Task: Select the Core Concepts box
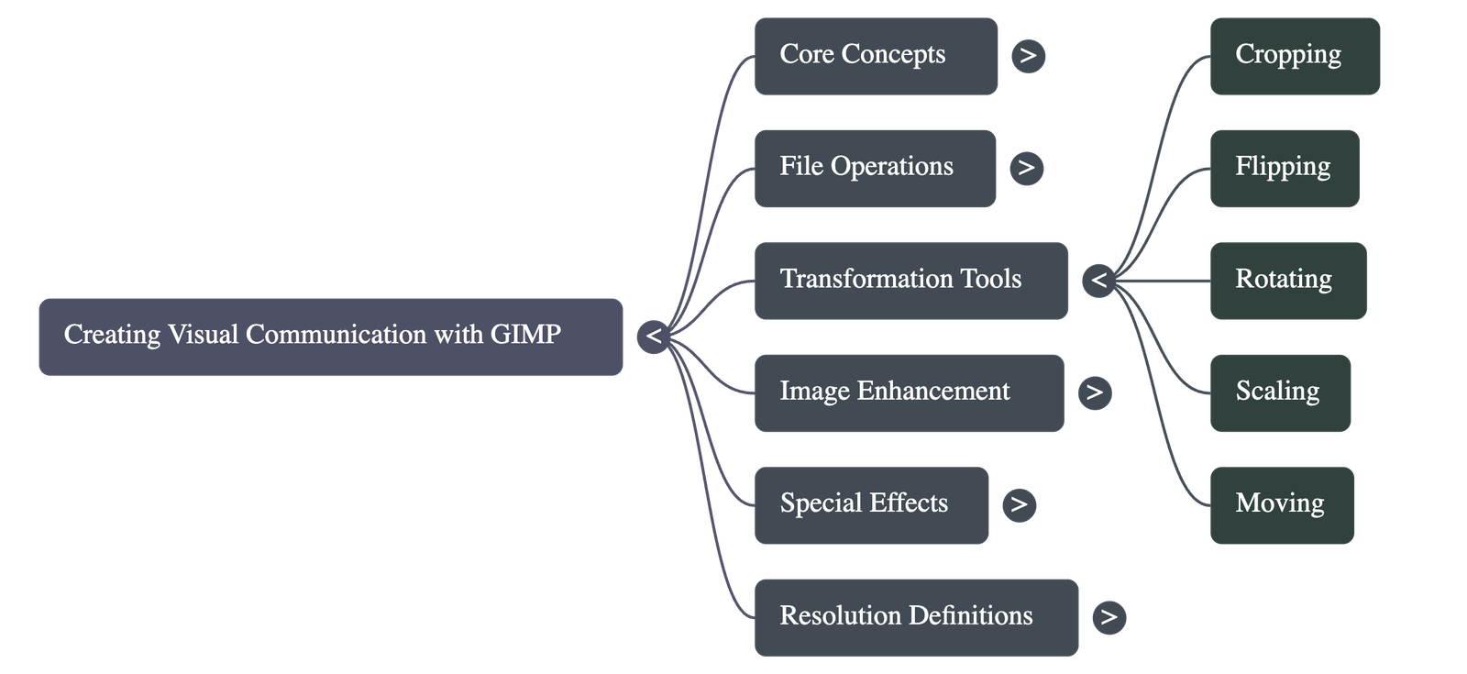pos(876,56)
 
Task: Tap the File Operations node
pos(875,168)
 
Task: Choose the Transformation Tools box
pos(910,281)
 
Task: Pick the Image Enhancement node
pos(909,392)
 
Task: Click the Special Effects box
pos(871,505)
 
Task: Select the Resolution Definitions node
pos(916,616)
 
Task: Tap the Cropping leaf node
pos(1295,56)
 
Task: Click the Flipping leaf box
pos(1284,168)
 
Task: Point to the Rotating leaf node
pos(1287,281)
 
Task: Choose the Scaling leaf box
pos(1280,392)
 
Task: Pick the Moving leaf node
pos(1282,505)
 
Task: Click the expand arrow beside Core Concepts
pos(1028,56)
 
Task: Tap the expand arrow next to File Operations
pos(1026,168)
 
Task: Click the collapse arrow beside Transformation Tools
pos(1098,281)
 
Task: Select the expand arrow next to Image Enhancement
pos(1094,392)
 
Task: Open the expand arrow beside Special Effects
pos(1019,504)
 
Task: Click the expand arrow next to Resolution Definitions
pos(1109,616)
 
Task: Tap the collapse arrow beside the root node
pos(654,336)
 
